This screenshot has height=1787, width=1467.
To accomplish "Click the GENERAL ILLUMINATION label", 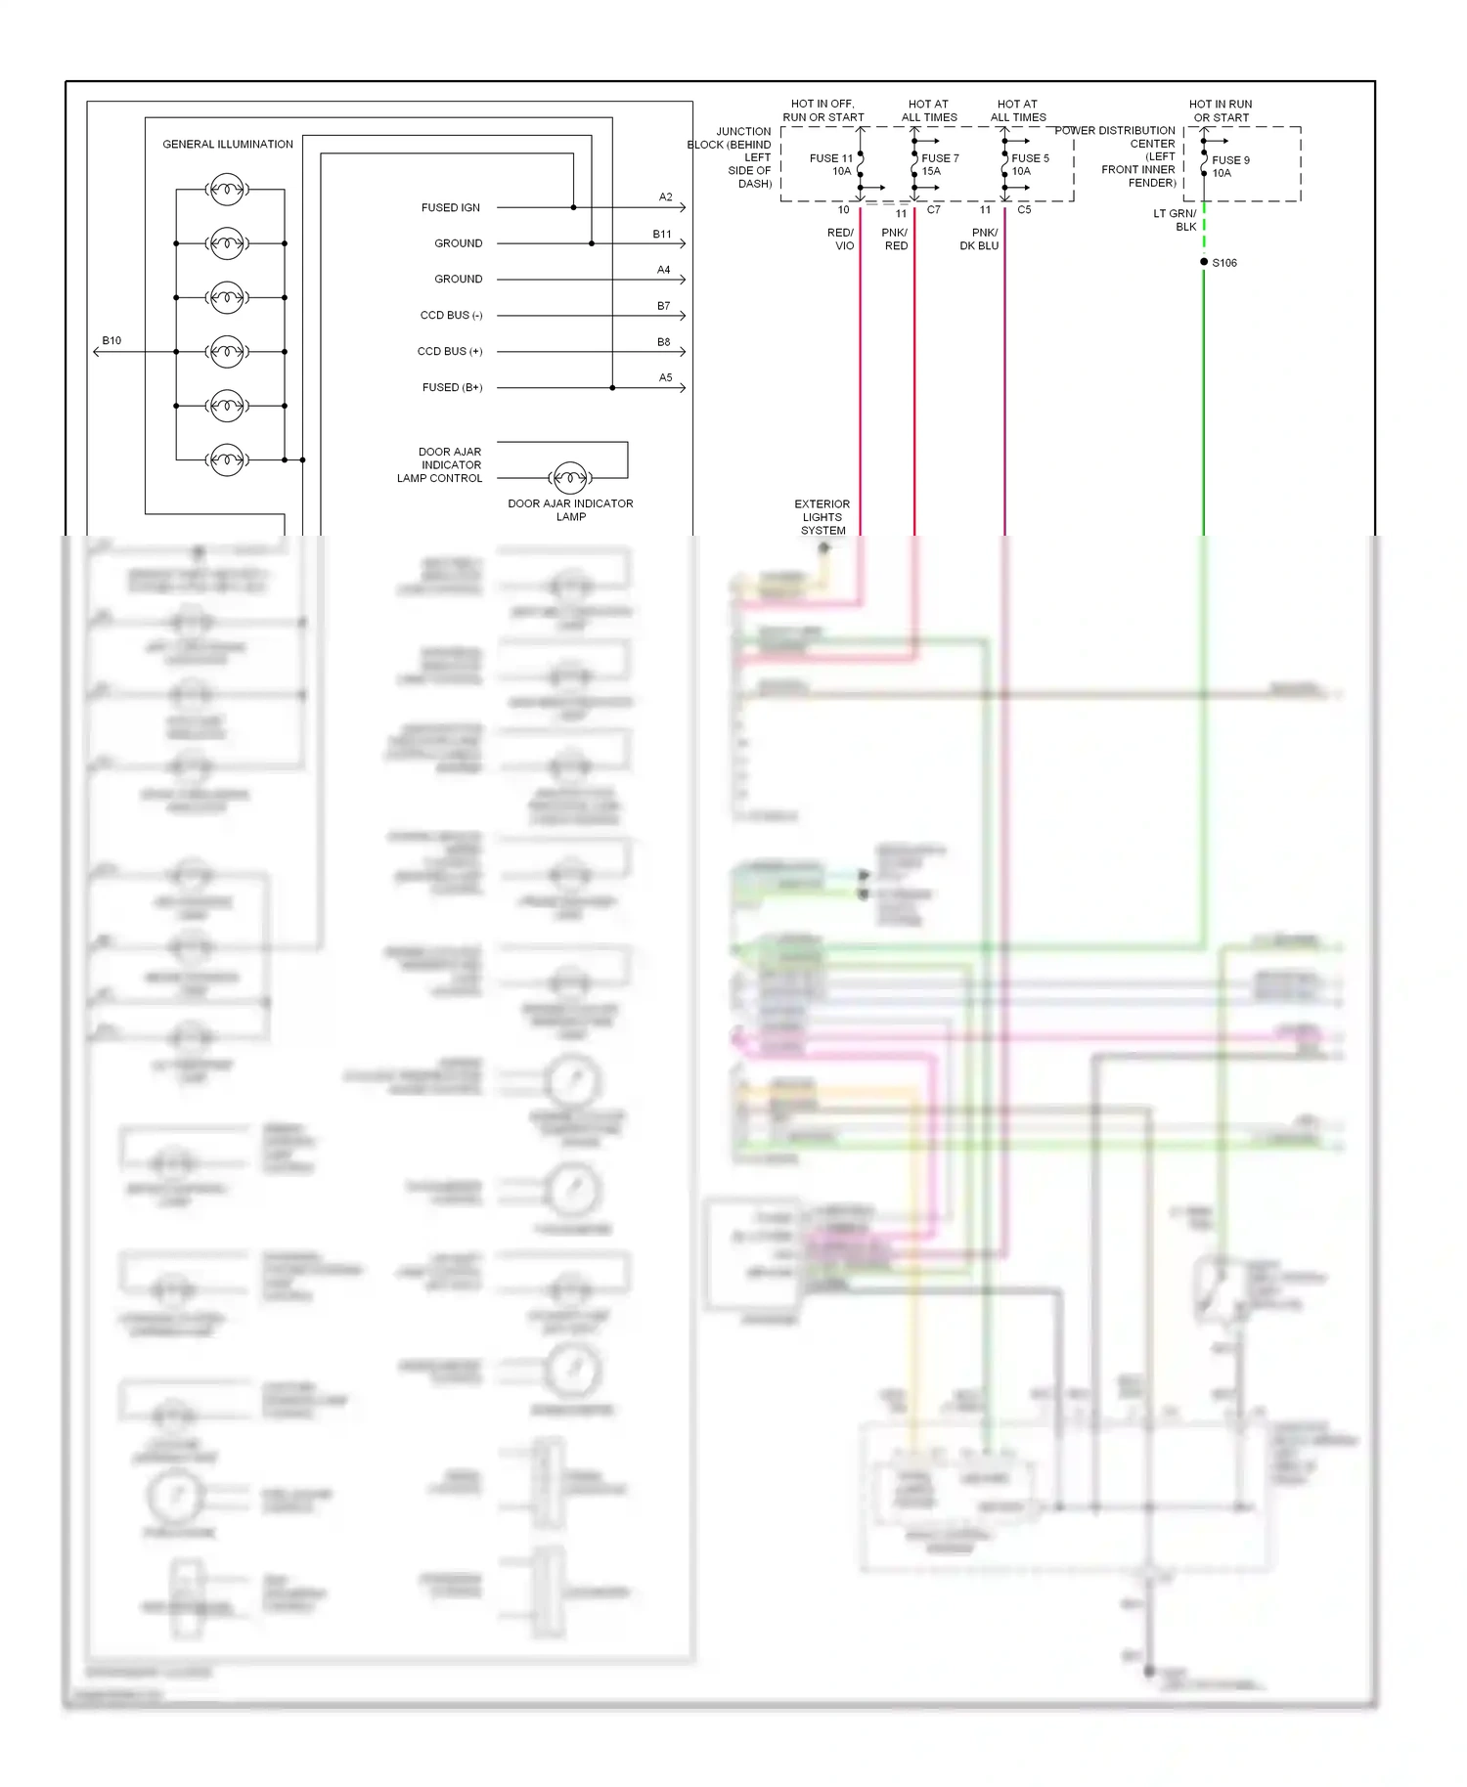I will pos(227,144).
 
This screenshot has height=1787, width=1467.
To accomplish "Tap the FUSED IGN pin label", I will pos(451,207).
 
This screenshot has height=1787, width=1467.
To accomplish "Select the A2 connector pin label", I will pos(665,197).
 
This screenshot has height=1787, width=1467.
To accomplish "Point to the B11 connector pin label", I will pos(662,235).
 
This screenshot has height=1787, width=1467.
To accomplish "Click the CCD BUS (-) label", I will pos(451,315).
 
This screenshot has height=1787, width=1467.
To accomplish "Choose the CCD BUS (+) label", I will pos(450,351).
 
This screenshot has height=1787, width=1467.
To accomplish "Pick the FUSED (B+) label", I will pos(452,387).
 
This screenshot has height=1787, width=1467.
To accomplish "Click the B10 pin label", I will pos(111,341).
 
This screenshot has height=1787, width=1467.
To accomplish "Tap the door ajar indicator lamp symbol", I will pos(570,477).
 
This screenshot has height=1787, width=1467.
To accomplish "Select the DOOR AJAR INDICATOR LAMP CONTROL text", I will pos(441,465).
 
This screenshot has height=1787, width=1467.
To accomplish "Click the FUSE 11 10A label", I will pos(831,164).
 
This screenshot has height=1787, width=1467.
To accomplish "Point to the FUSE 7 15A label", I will pos(939,164).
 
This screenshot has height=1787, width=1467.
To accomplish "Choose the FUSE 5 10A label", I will pos(1029,164).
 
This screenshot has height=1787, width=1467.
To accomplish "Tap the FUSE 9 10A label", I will pos(1229,166).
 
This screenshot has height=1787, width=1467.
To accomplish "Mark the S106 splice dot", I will pos(1204,262).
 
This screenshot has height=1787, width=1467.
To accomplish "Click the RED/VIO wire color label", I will pos(841,240).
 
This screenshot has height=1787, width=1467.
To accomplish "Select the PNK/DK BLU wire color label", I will pos(980,240).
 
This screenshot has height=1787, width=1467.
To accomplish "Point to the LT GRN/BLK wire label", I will pos(1176,220).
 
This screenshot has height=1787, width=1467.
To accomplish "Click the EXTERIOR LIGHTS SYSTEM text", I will pos(822,517).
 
